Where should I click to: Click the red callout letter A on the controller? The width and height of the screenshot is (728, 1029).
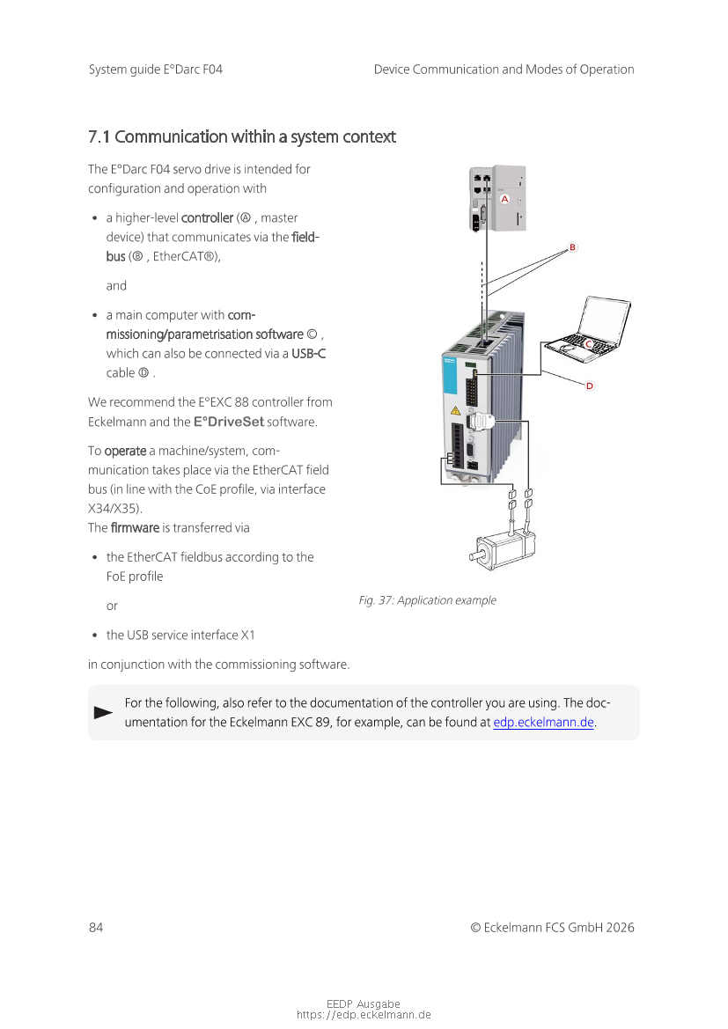click(x=504, y=199)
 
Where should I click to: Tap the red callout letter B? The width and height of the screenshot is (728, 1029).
click(x=572, y=247)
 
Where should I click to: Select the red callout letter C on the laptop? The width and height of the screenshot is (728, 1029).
click(x=589, y=344)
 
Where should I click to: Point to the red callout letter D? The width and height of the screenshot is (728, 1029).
click(x=590, y=386)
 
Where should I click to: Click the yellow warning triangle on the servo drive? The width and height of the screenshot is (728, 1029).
click(x=456, y=411)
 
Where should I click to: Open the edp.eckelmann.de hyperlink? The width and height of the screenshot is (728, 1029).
click(x=543, y=723)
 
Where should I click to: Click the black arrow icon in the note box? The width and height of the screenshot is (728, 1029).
click(x=104, y=713)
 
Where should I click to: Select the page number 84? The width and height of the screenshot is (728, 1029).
click(x=96, y=927)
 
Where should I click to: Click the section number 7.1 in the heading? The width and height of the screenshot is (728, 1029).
click(x=99, y=137)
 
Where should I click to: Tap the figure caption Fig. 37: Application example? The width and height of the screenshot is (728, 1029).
click(x=427, y=600)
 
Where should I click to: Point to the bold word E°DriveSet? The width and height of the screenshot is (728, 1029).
click(x=229, y=422)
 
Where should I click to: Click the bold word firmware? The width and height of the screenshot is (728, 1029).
click(x=136, y=528)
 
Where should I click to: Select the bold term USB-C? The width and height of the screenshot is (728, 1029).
click(x=308, y=354)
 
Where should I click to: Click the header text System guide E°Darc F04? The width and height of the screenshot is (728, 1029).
click(x=156, y=70)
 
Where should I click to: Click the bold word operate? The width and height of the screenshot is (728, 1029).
click(x=125, y=452)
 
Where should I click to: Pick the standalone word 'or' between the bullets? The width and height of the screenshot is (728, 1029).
click(x=113, y=606)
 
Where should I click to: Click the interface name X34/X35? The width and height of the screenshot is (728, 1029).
click(x=115, y=509)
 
